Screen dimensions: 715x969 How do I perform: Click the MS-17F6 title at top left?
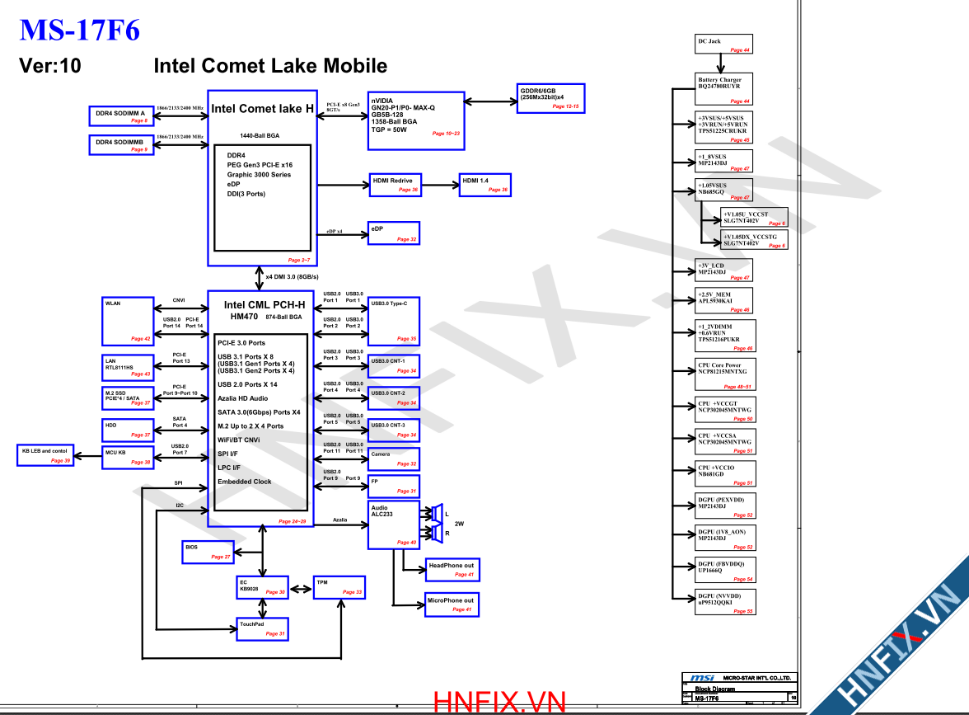pyautogui.click(x=79, y=31)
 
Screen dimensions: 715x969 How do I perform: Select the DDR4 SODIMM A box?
pyautogui.click(x=119, y=115)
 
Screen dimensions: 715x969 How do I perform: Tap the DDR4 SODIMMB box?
pyautogui.click(x=119, y=144)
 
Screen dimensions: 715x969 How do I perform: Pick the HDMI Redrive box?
pyautogui.click(x=395, y=185)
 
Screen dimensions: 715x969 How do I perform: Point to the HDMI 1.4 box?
pyautogui.click(x=485, y=185)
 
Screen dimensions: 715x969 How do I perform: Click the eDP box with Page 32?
pyautogui.click(x=394, y=233)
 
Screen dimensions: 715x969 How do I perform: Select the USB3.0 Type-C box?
pyautogui.click(x=394, y=321)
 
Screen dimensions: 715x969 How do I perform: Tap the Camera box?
pyautogui.click(x=394, y=459)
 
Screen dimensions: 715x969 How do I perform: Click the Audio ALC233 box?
pyautogui.click(x=393, y=524)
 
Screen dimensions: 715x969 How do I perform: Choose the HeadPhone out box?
pyautogui.click(x=451, y=569)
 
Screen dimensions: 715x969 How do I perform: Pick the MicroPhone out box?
pyautogui.click(x=451, y=604)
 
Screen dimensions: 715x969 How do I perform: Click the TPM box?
pyautogui.click(x=338, y=587)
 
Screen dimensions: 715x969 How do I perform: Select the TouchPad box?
pyautogui.click(x=263, y=628)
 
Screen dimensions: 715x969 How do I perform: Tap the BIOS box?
pyautogui.click(x=208, y=552)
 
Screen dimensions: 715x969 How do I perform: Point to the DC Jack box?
pyautogui.click(x=724, y=45)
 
